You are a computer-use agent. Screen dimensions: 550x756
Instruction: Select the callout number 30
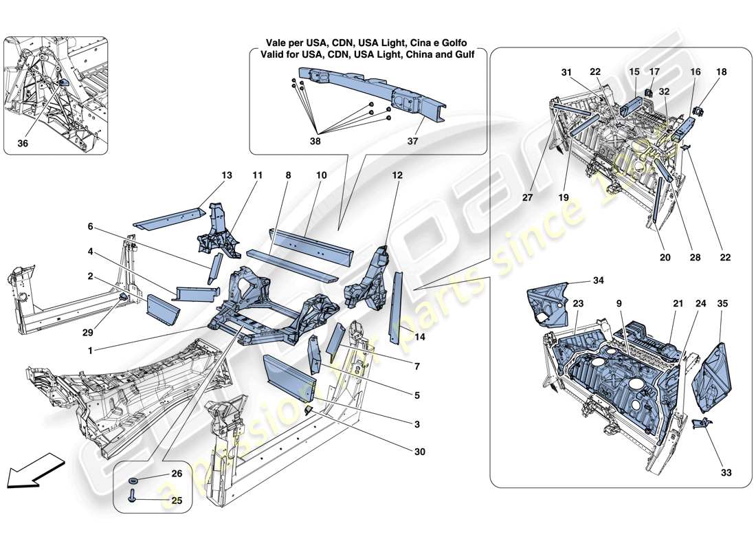point(419,452)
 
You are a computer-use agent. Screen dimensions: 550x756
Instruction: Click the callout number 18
point(720,71)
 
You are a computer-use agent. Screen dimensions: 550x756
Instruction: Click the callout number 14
point(420,338)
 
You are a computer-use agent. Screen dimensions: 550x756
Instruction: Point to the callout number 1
point(90,349)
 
